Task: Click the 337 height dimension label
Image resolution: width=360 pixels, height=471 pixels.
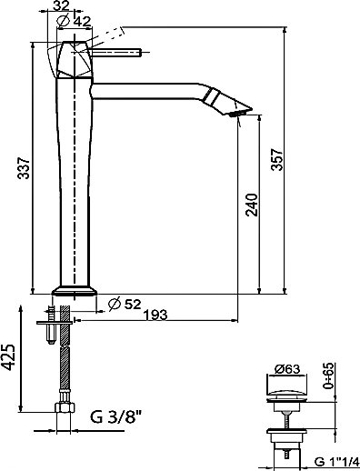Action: (x=24, y=167)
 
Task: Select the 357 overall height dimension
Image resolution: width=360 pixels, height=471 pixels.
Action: (x=276, y=159)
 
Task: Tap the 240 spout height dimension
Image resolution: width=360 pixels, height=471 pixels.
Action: (x=252, y=205)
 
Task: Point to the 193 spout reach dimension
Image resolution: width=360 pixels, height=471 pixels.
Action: (x=155, y=315)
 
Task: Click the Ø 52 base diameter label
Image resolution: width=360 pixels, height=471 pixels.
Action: (x=125, y=304)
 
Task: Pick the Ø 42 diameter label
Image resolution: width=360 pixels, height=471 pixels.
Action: (x=74, y=21)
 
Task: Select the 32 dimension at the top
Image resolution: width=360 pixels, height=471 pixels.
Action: (x=61, y=5)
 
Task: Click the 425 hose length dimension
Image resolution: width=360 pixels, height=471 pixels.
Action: (x=8, y=357)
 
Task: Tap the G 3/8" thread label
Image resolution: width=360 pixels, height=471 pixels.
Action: (x=115, y=417)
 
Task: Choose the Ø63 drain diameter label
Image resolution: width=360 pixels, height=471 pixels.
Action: (x=287, y=369)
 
